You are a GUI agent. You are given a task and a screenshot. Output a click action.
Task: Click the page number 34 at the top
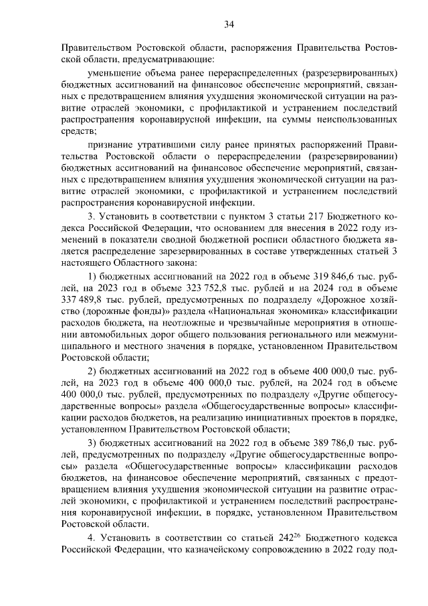[x=229, y=25]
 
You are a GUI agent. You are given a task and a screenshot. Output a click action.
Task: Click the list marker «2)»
[x=94, y=372]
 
